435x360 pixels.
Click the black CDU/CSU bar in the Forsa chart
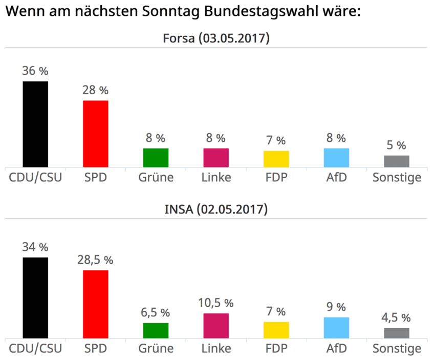point(35,124)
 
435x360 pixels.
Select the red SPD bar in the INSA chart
point(96,304)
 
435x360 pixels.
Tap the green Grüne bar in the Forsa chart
point(156,157)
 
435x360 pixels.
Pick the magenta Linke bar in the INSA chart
point(216,326)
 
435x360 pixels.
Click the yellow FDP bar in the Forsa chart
point(276,159)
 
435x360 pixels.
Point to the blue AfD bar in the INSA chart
point(336,328)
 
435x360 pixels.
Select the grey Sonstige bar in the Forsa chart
point(397,161)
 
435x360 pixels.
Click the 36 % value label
point(35,71)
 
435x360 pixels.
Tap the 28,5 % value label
point(96,260)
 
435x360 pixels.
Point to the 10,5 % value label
point(216,303)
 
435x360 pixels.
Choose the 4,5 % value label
point(397,318)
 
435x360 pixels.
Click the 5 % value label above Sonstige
point(397,145)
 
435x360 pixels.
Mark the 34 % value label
point(35,247)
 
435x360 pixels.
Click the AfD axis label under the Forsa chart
point(336,178)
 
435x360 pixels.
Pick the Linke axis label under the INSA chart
point(216,349)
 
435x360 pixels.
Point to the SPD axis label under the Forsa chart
point(95,178)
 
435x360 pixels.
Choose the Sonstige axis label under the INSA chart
point(397,349)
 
